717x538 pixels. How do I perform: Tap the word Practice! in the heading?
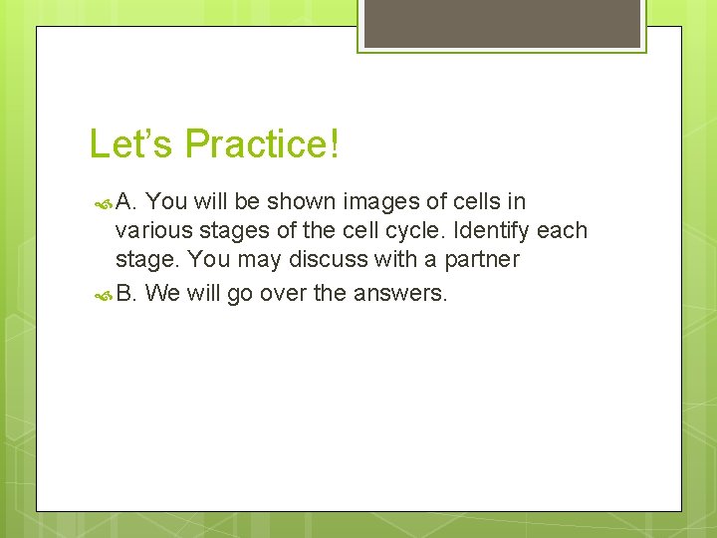262,144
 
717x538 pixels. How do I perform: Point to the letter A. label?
126,201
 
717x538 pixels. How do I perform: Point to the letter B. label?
126,293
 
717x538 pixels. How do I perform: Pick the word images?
379,202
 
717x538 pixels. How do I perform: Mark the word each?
563,231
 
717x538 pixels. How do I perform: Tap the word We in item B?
162,293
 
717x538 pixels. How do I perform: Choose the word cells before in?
473,201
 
